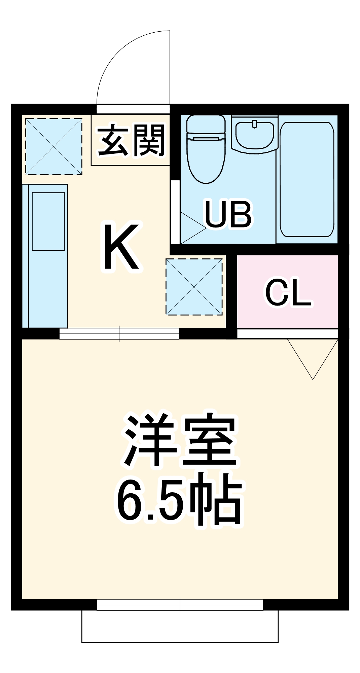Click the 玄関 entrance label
point(132,140)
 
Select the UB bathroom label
point(228,214)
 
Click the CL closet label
point(288,292)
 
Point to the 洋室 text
point(181,440)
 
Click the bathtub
point(307,179)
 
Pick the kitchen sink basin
point(48,221)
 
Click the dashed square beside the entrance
point(54,146)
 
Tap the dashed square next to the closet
point(194,287)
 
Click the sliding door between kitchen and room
point(119,334)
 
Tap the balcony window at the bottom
point(180,605)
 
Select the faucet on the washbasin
point(255,124)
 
